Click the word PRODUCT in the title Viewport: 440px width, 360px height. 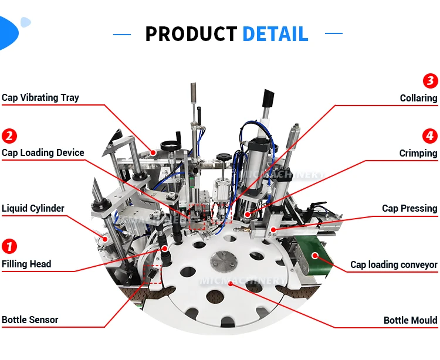click(x=191, y=34)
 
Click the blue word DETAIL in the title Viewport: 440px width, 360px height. click(x=275, y=34)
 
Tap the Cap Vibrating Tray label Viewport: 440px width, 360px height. click(x=40, y=97)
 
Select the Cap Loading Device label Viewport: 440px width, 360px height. click(x=43, y=153)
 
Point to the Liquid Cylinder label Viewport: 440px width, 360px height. click(x=33, y=209)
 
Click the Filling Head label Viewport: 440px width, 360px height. click(x=26, y=264)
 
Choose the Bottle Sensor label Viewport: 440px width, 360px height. click(x=30, y=320)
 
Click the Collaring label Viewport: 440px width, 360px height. click(x=418, y=98)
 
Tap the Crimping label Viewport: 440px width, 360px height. click(x=418, y=154)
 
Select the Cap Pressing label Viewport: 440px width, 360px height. click(x=409, y=209)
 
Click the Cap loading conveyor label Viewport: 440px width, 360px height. click(x=394, y=265)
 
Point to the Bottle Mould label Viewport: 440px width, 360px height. click(x=410, y=320)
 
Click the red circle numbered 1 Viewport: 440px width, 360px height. click(x=9, y=246)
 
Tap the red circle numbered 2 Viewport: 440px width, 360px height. click(x=9, y=137)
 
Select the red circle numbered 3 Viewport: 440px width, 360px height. click(x=431, y=81)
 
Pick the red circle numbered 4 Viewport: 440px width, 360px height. click(x=431, y=137)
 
